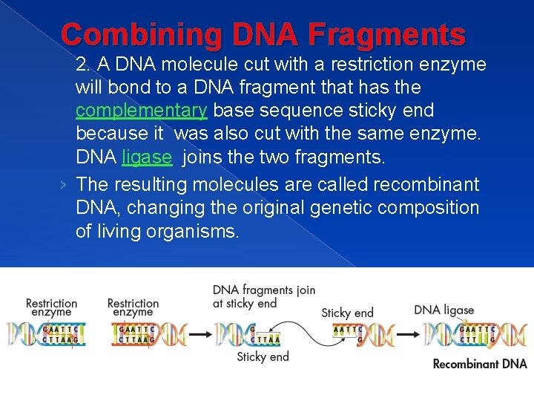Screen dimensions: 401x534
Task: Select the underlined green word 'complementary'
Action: pos(141,111)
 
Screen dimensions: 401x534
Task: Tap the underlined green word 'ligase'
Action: pos(146,157)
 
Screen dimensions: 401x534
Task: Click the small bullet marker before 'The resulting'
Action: pos(67,185)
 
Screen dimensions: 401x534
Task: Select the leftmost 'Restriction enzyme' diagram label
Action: pos(51,307)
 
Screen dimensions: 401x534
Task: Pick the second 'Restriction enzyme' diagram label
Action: pos(133,307)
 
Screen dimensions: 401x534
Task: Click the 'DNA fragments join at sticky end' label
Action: pos(263,296)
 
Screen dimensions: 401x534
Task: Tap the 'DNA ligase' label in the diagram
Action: pos(444,310)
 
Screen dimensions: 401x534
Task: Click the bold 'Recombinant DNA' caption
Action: pos(479,364)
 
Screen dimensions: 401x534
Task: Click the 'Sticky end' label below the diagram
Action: pos(263,357)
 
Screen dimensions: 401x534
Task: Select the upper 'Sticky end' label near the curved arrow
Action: pos(347,313)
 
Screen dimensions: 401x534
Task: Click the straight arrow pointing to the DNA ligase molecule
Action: pos(407,334)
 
